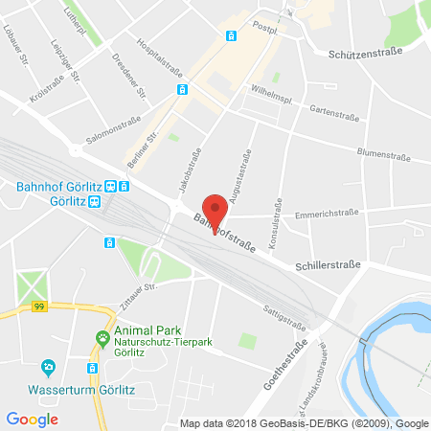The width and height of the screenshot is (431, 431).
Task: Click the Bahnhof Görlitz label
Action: (x=56, y=186)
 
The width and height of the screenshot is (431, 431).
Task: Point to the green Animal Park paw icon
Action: (x=102, y=337)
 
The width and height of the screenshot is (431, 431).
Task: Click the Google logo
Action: (x=32, y=419)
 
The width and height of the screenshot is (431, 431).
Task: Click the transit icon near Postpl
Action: (x=231, y=36)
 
